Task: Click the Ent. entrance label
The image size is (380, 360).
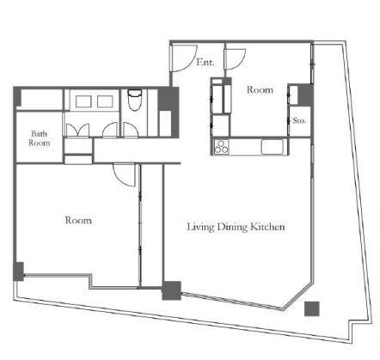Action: (205, 62)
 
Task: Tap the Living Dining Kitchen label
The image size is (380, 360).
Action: (236, 227)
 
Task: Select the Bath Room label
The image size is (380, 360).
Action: (40, 138)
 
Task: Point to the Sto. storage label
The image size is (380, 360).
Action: (299, 121)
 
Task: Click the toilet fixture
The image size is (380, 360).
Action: (134, 101)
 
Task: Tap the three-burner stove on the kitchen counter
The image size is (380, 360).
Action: (221, 147)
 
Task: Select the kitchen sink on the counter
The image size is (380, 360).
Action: (272, 147)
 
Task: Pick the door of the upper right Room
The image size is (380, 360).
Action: (236, 59)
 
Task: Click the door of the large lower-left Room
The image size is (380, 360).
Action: (124, 174)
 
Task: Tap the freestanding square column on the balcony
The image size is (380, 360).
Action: (311, 308)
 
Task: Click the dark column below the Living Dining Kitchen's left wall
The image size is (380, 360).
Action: (172, 290)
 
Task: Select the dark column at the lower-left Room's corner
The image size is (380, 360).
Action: (19, 272)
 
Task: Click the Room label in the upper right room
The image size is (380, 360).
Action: (260, 89)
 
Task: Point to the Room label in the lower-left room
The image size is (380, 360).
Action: (78, 220)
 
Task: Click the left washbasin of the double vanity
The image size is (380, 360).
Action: (83, 101)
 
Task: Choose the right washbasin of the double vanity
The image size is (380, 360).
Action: (105, 101)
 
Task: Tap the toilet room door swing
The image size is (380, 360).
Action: (131, 130)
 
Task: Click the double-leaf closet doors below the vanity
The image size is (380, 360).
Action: (77, 130)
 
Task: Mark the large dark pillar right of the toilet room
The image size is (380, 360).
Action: (169, 112)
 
